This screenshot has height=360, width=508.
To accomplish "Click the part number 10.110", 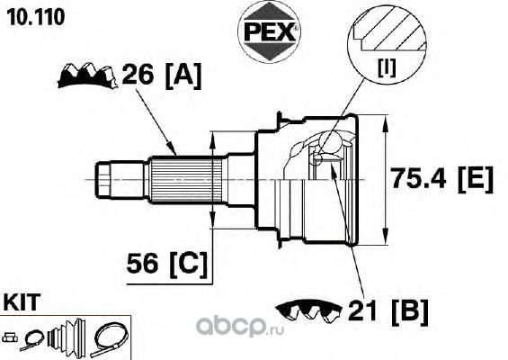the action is tap(36, 17).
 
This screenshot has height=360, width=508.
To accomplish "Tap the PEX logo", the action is tap(269, 32).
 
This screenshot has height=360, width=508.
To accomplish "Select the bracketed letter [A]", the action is tap(183, 76).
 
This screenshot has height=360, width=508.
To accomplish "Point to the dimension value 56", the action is tap(142, 263).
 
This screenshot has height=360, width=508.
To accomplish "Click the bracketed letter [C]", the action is tap(188, 265).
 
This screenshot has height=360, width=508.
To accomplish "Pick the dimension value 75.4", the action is tap(417, 178).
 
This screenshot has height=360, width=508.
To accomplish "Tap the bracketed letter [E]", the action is tap(476, 179).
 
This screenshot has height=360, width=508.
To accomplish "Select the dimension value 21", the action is tap(361, 310).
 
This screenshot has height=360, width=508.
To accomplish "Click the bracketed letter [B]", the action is tap(410, 312).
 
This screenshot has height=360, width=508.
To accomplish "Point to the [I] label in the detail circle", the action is tap(387, 68).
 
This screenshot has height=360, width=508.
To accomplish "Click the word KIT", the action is tap(22, 301).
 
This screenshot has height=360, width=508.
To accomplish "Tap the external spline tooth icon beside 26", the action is tap(86, 76).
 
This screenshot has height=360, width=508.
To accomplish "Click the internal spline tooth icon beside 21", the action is tap(308, 310).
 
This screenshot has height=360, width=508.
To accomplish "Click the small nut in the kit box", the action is tap(10, 337).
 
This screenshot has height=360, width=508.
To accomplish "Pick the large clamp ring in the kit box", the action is tap(111, 339).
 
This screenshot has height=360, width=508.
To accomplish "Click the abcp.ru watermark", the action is tap(240, 327).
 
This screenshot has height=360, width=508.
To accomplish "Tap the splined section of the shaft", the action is tap(187, 179).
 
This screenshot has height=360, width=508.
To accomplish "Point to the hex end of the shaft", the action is tap(104, 180).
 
